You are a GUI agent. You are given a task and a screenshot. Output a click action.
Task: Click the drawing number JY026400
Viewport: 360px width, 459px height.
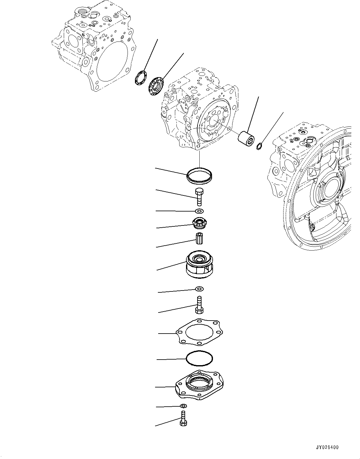[x=327, y=448]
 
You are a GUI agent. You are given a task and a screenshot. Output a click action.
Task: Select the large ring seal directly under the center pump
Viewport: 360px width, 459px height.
[x=200, y=176]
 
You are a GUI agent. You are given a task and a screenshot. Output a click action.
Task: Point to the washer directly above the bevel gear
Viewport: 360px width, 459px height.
[x=199, y=211]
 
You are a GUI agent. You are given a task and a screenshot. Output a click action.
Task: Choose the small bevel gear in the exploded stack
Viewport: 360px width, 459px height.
[x=199, y=223]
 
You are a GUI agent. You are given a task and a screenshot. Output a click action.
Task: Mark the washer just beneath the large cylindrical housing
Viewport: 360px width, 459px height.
[x=199, y=289]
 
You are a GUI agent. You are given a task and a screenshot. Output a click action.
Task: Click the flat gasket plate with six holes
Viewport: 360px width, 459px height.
[x=200, y=333]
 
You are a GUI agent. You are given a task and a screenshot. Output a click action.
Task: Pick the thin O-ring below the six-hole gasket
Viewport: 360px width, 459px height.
[x=200, y=359]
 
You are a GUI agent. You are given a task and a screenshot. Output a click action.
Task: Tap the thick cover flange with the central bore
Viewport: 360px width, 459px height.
[x=199, y=385]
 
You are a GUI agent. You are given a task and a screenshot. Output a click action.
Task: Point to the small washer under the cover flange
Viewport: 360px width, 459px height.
[x=184, y=406]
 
